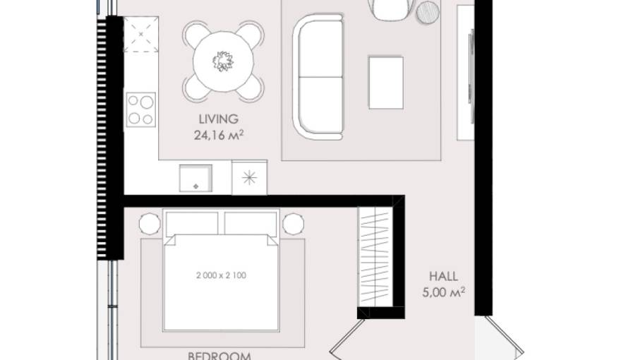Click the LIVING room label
click(219, 119)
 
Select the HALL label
click(443, 277)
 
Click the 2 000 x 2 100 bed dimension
click(222, 275)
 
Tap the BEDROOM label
click(219, 355)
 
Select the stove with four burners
click(140, 110)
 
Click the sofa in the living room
click(319, 78)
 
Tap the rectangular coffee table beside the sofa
click(386, 82)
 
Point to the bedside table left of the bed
click(150, 224)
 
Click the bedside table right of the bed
click(293, 224)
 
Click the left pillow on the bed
click(191, 223)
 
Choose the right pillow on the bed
click(252, 223)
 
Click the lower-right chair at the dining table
click(251, 87)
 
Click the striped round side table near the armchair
click(428, 12)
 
